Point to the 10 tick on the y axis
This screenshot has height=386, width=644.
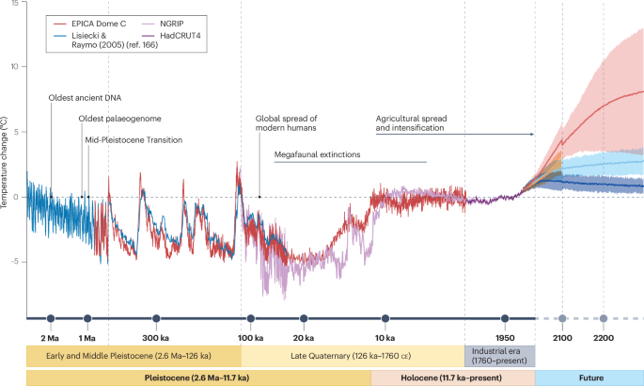(14, 67)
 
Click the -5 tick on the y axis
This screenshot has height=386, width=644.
(15, 262)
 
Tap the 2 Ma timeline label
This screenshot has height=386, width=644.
(50, 337)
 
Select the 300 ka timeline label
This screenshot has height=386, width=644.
(156, 337)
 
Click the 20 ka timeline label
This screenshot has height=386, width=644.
(302, 337)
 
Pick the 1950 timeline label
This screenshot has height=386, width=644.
(506, 337)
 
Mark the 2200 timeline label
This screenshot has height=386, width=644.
(604, 337)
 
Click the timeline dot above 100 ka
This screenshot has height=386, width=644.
(249, 319)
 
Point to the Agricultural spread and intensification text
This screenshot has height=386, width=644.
(410, 123)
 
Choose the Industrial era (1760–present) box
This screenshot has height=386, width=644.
(499, 355)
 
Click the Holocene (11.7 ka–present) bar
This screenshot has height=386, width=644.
(452, 377)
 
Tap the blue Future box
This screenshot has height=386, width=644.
(589, 377)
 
